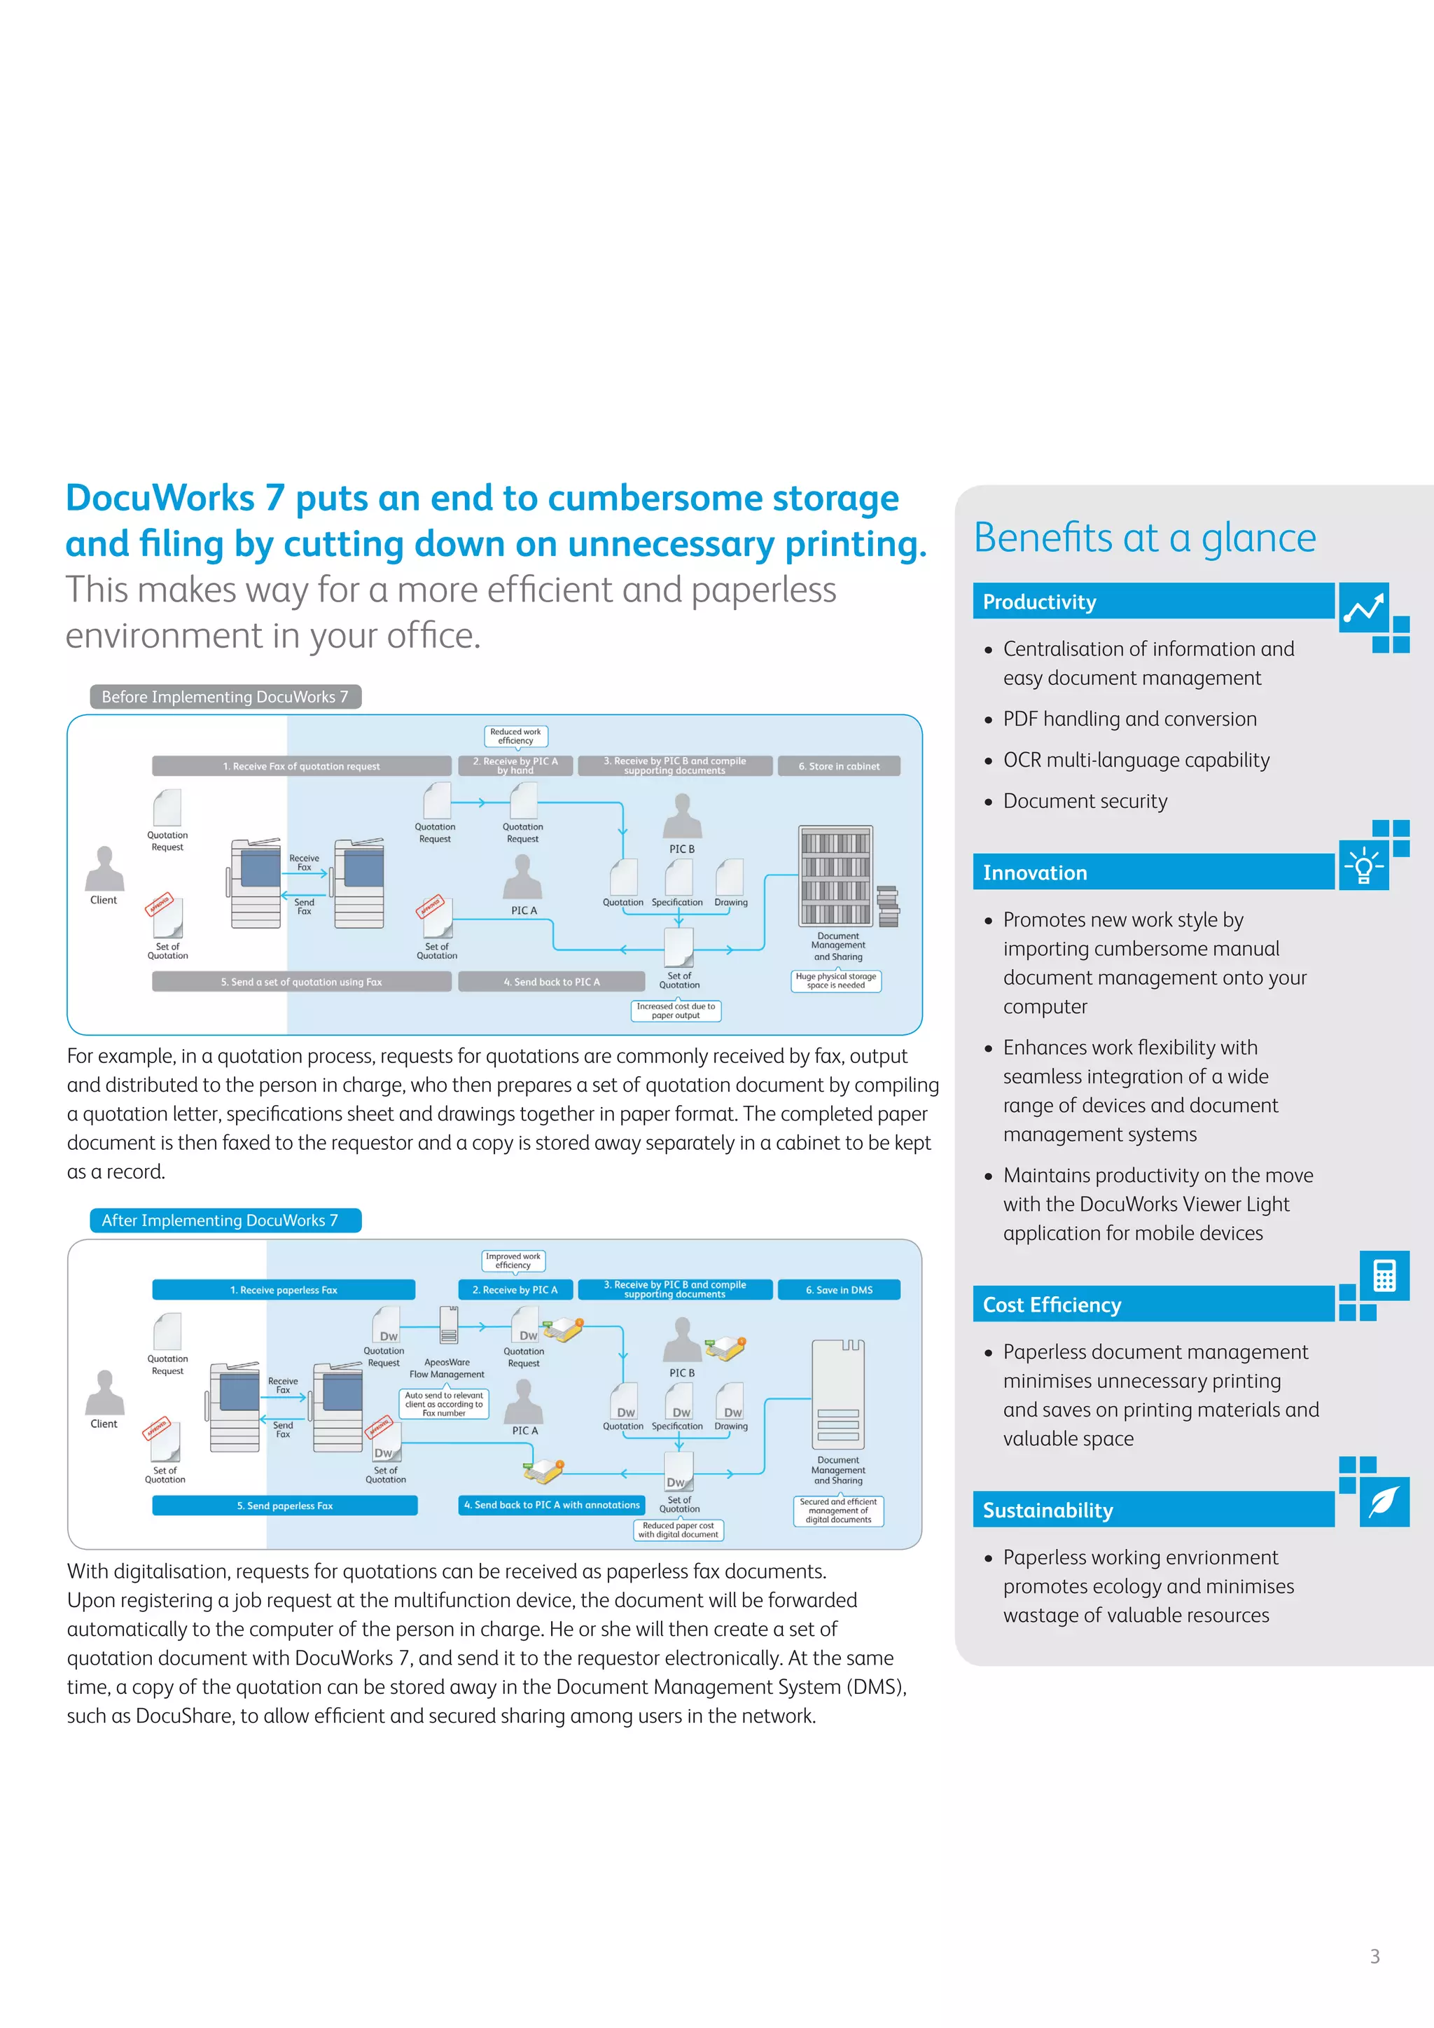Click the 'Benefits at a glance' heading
tap(1144, 537)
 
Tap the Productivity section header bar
tap(1153, 602)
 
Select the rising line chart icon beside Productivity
tap(1363, 607)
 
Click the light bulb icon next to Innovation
tap(1363, 865)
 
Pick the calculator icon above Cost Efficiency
tap(1384, 1275)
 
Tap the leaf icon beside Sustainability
tap(1384, 1501)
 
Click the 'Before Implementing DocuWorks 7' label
tap(225, 697)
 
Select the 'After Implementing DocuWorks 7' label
tap(225, 1221)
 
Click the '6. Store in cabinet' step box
tap(839, 767)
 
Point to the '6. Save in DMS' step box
tap(839, 1291)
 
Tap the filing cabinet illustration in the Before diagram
tap(836, 876)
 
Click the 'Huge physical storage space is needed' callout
tap(836, 980)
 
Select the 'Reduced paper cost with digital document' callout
tap(677, 1530)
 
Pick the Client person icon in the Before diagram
tap(104, 869)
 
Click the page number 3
tap(1374, 1957)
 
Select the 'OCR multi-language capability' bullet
tap(1136, 760)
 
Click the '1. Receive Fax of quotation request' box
tap(301, 767)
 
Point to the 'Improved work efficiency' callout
tap(513, 1260)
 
